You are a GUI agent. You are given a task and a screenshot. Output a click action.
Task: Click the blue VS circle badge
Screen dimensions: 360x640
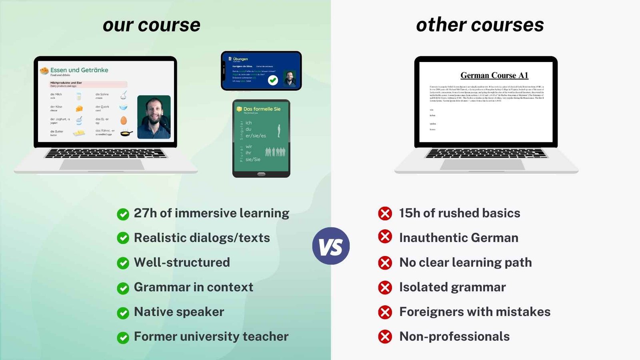point(331,246)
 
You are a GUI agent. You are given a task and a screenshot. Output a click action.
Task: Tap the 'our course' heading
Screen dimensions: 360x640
point(152,25)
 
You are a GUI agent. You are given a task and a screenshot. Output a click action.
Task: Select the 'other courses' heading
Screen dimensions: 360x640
point(480,25)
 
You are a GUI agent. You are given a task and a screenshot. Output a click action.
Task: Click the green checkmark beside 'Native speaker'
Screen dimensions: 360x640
point(123,313)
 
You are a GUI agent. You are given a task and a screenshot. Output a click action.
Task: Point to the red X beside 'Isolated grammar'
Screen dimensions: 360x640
point(385,288)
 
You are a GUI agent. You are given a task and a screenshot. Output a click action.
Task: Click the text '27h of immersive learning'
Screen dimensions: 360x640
point(211,213)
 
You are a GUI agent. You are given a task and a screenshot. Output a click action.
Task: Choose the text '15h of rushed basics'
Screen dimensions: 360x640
point(460,213)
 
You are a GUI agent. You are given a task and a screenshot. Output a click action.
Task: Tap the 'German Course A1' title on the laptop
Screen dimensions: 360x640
point(494,75)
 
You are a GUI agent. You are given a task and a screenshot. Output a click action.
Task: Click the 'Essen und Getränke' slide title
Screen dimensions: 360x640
point(79,70)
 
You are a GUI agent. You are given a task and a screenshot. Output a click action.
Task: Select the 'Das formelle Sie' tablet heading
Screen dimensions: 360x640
point(262,109)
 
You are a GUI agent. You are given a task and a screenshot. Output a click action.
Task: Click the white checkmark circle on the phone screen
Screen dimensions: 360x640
point(273,80)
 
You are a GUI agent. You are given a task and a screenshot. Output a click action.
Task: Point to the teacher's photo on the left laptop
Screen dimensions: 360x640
point(154,117)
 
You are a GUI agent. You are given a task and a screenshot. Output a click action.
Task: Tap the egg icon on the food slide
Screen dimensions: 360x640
point(124,120)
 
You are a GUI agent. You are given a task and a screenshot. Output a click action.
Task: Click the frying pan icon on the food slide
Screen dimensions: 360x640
point(126,133)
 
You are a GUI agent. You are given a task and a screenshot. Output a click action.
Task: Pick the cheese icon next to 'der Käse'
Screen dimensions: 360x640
point(79,108)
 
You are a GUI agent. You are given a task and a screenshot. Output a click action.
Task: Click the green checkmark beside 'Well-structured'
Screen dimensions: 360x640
point(123,263)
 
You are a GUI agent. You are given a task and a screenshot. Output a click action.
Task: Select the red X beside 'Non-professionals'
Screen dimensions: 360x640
point(385,337)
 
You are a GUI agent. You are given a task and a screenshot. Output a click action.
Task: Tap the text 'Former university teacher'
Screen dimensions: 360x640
point(211,336)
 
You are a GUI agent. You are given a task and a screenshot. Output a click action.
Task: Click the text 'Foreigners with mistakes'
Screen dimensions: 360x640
point(475,312)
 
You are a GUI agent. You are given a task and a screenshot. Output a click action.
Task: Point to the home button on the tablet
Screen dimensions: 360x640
point(261,174)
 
